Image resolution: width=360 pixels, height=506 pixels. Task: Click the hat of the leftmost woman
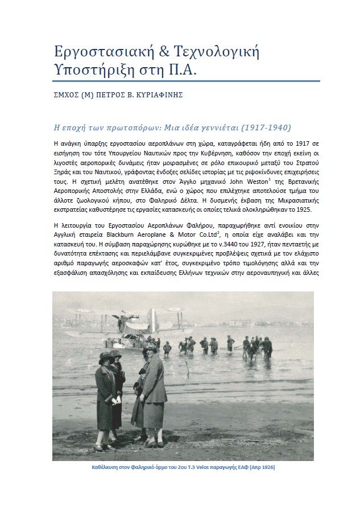point(106,358)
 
